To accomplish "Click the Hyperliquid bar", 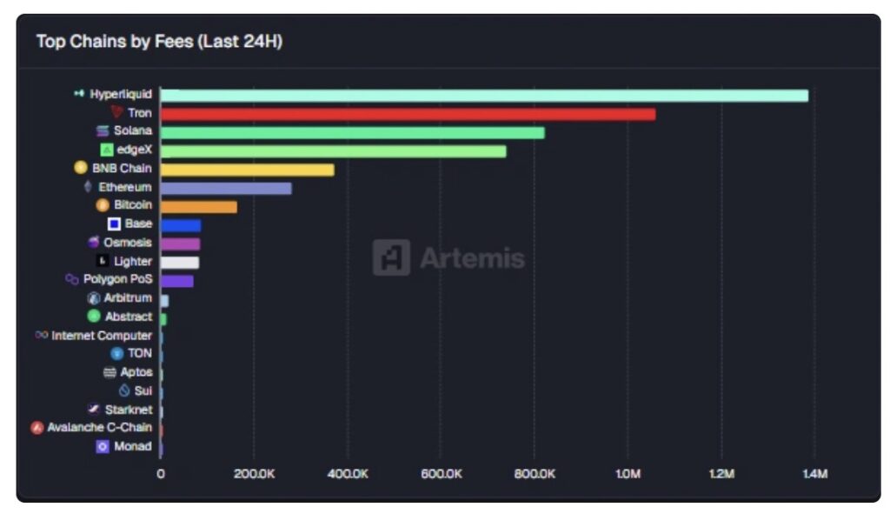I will coord(484,96).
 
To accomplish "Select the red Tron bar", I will coord(408,114).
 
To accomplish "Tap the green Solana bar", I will coord(352,132).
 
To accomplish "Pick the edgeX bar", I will coord(333,151).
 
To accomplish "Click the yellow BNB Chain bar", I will coord(247,170).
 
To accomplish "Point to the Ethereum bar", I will coord(226,188).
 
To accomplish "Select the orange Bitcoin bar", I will coord(198,207).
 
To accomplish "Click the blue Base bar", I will coord(180,225).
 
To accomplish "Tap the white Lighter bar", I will coord(179,262).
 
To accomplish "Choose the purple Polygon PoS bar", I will coord(176,281).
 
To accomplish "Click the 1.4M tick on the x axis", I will coord(814,474).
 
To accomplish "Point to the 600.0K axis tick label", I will coord(441,474).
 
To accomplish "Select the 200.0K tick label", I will coord(254,474).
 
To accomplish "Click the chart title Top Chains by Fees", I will coord(159,42).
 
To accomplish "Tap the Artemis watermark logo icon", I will coord(391,257).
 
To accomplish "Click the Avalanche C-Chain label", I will coord(99,428).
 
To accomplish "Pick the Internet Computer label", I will coord(102,336).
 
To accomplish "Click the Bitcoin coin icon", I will coord(103,206).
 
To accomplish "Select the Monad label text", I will coord(133,447).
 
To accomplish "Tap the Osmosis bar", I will coord(180,244).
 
